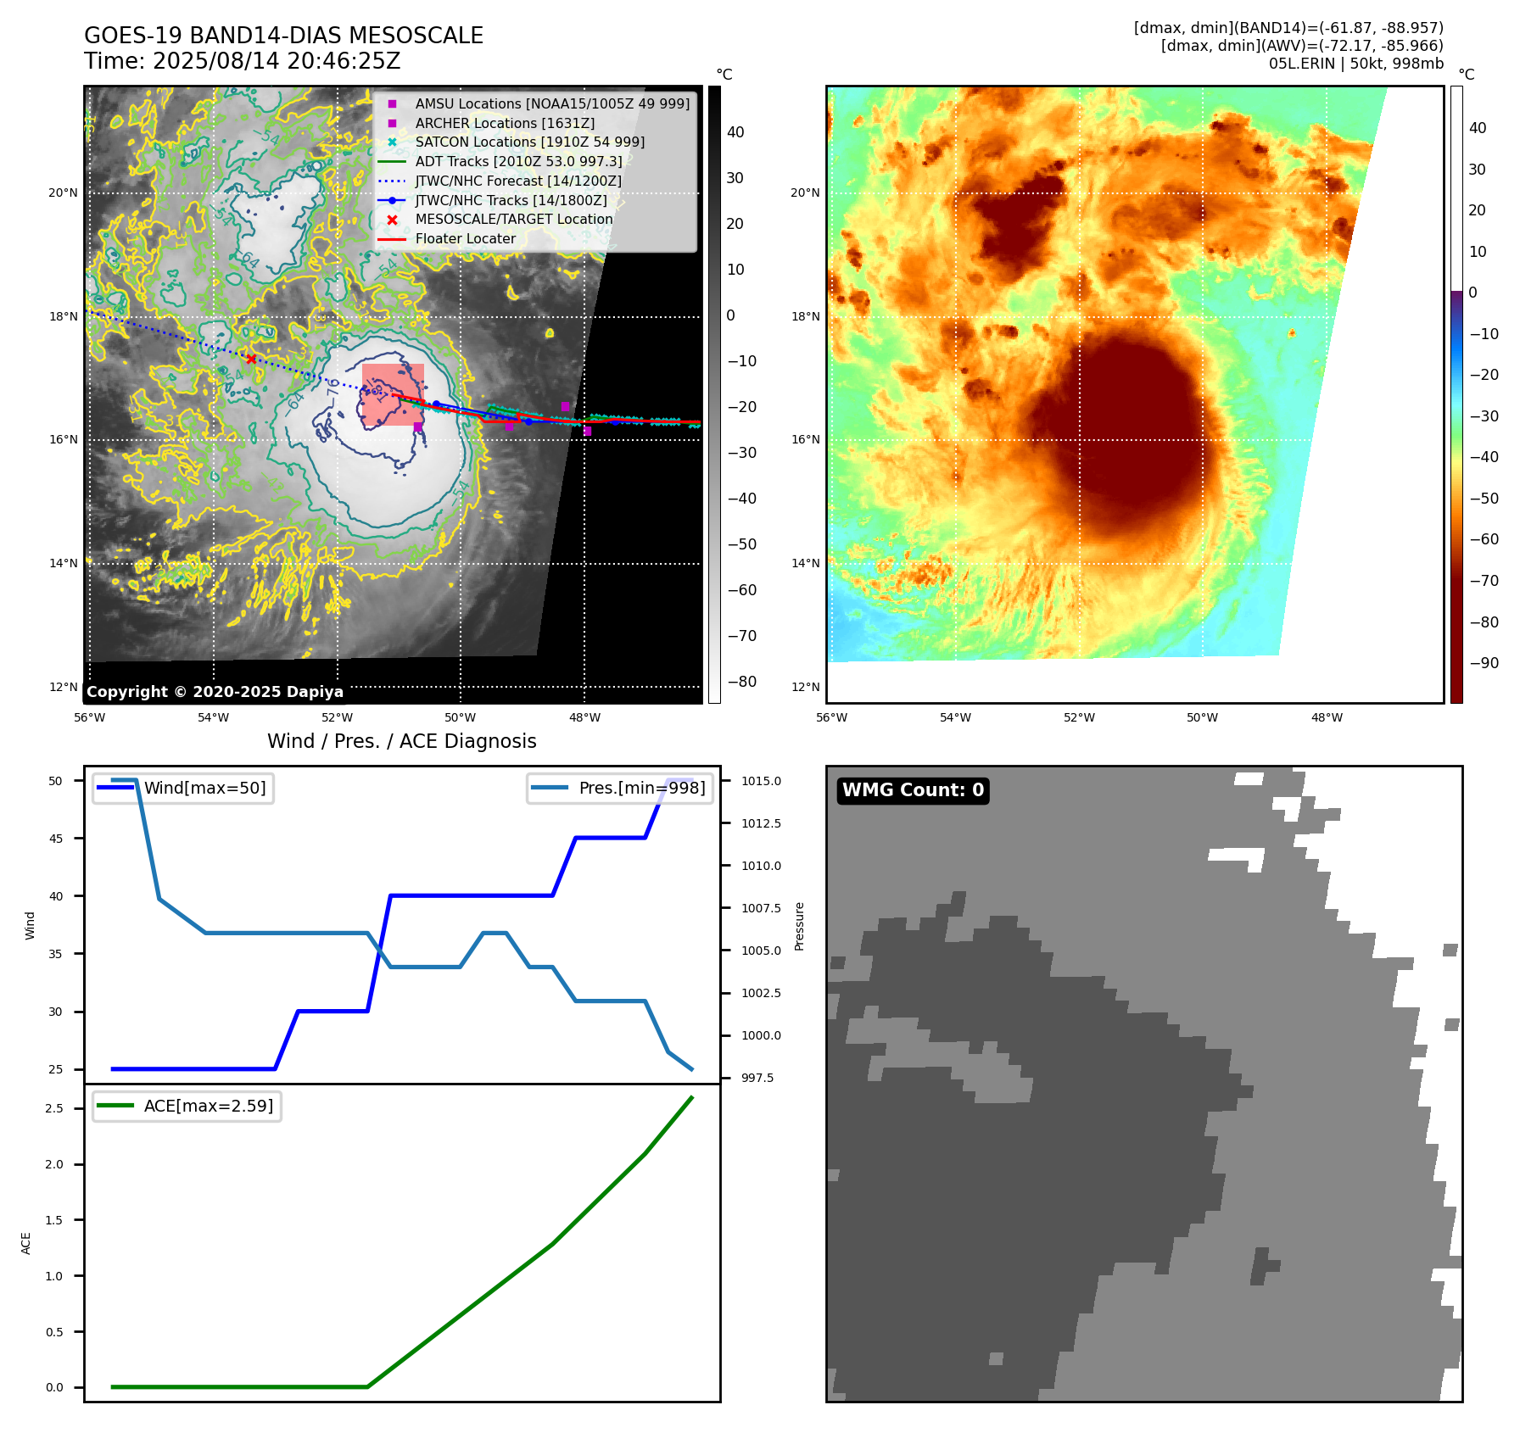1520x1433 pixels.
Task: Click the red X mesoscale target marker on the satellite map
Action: [251, 360]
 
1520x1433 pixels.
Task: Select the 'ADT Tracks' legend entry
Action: [518, 161]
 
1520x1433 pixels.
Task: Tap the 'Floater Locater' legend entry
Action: [465, 239]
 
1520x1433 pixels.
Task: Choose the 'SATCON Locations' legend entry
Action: [529, 142]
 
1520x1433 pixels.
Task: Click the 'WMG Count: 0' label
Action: [913, 790]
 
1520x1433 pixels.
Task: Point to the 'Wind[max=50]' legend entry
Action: [204, 788]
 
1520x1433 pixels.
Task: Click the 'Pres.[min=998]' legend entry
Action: [641, 788]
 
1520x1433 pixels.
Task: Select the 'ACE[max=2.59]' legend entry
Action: [208, 1106]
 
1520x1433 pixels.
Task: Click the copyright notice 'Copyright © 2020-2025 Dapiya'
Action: [215, 692]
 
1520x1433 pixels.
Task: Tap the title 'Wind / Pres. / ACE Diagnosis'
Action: [402, 741]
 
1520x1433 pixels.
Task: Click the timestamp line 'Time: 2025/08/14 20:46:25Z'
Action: [242, 61]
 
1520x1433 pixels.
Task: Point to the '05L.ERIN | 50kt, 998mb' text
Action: [1355, 64]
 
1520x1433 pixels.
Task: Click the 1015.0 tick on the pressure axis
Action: [761, 781]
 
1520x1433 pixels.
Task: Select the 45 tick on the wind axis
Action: [56, 839]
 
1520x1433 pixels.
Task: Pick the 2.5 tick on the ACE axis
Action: [54, 1108]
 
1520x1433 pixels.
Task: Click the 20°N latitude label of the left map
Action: [63, 193]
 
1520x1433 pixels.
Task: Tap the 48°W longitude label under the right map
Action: [1327, 717]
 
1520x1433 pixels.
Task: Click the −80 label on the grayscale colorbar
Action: [742, 682]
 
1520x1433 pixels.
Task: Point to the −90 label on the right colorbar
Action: [1484, 663]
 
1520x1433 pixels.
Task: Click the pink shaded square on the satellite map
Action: [393, 394]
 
